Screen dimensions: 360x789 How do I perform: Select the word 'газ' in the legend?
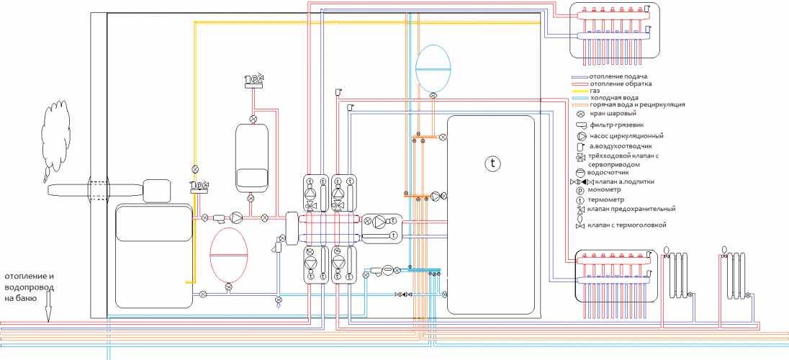(595, 91)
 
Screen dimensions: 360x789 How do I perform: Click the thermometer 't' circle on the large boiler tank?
(493, 163)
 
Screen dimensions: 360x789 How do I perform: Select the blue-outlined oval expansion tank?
(433, 68)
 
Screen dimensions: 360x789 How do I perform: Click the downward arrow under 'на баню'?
(48, 313)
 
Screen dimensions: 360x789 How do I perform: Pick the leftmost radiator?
(677, 274)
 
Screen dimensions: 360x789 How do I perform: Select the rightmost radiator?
(734, 274)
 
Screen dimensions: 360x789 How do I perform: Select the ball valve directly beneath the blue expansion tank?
(433, 95)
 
